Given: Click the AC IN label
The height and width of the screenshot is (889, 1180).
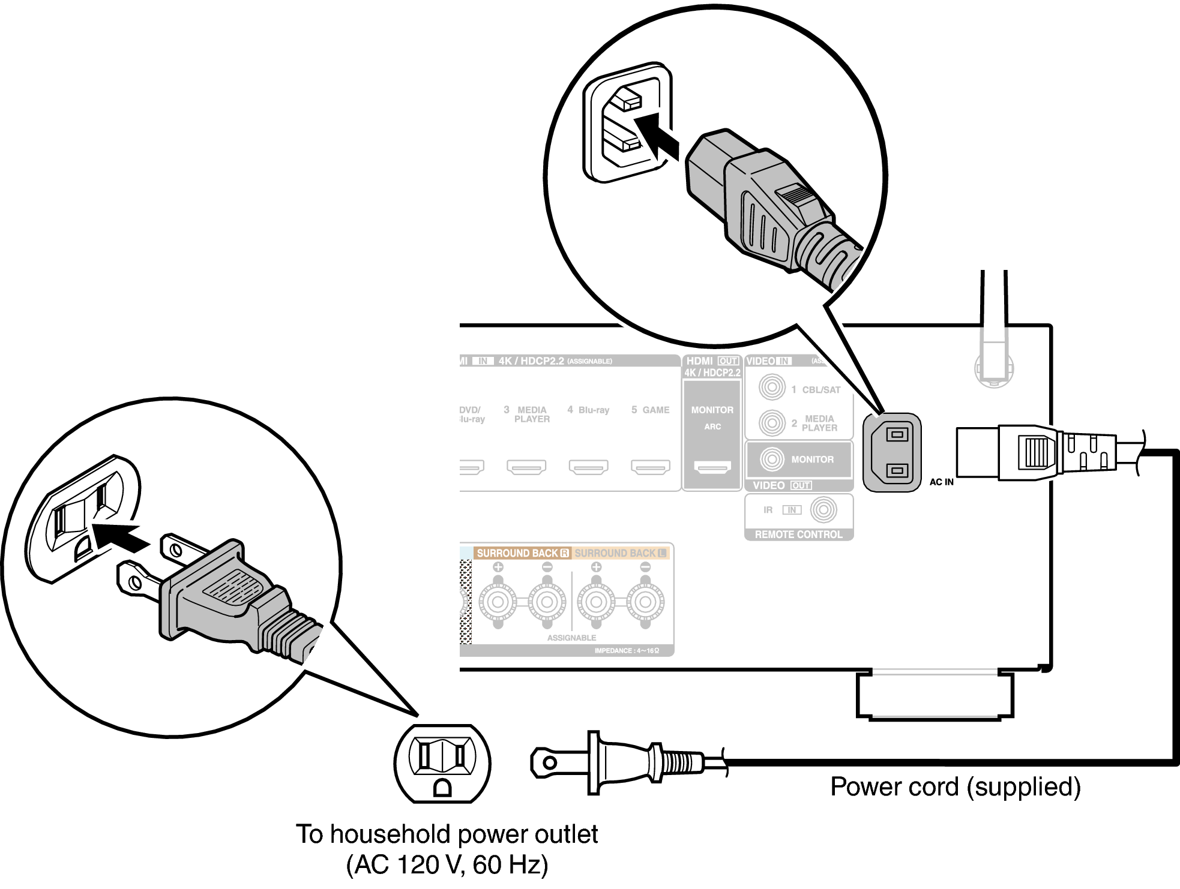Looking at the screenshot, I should click(941, 482).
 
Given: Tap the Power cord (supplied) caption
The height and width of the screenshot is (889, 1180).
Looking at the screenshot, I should click(955, 786).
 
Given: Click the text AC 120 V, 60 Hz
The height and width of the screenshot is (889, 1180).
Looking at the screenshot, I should click(447, 864).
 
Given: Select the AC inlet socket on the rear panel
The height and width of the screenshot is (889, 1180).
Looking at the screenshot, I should click(892, 452).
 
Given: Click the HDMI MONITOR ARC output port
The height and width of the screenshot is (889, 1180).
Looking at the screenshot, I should click(712, 466).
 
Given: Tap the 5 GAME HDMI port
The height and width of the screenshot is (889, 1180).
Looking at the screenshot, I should click(650, 466).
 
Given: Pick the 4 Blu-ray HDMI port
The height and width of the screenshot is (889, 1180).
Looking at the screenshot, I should click(588, 466).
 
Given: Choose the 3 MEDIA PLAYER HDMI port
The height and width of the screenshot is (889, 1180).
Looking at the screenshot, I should click(526, 466).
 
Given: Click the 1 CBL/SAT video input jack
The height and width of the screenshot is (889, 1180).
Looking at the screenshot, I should click(772, 388).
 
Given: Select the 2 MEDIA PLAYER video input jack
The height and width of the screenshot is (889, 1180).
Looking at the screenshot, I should click(772, 423).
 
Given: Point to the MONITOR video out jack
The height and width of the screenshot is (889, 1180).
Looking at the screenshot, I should click(772, 459).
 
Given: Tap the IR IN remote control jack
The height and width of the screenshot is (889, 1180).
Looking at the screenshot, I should click(823, 510).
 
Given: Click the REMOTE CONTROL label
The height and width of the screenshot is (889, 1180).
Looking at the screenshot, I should click(798, 534).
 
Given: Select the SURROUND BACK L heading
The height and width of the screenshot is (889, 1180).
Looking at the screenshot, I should click(620, 553).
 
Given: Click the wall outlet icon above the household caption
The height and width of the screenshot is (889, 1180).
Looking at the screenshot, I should click(442, 762).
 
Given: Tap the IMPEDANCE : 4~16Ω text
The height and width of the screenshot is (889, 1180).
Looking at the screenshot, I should click(627, 651).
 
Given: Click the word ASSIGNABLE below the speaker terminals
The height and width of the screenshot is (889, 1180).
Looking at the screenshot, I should click(571, 638).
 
